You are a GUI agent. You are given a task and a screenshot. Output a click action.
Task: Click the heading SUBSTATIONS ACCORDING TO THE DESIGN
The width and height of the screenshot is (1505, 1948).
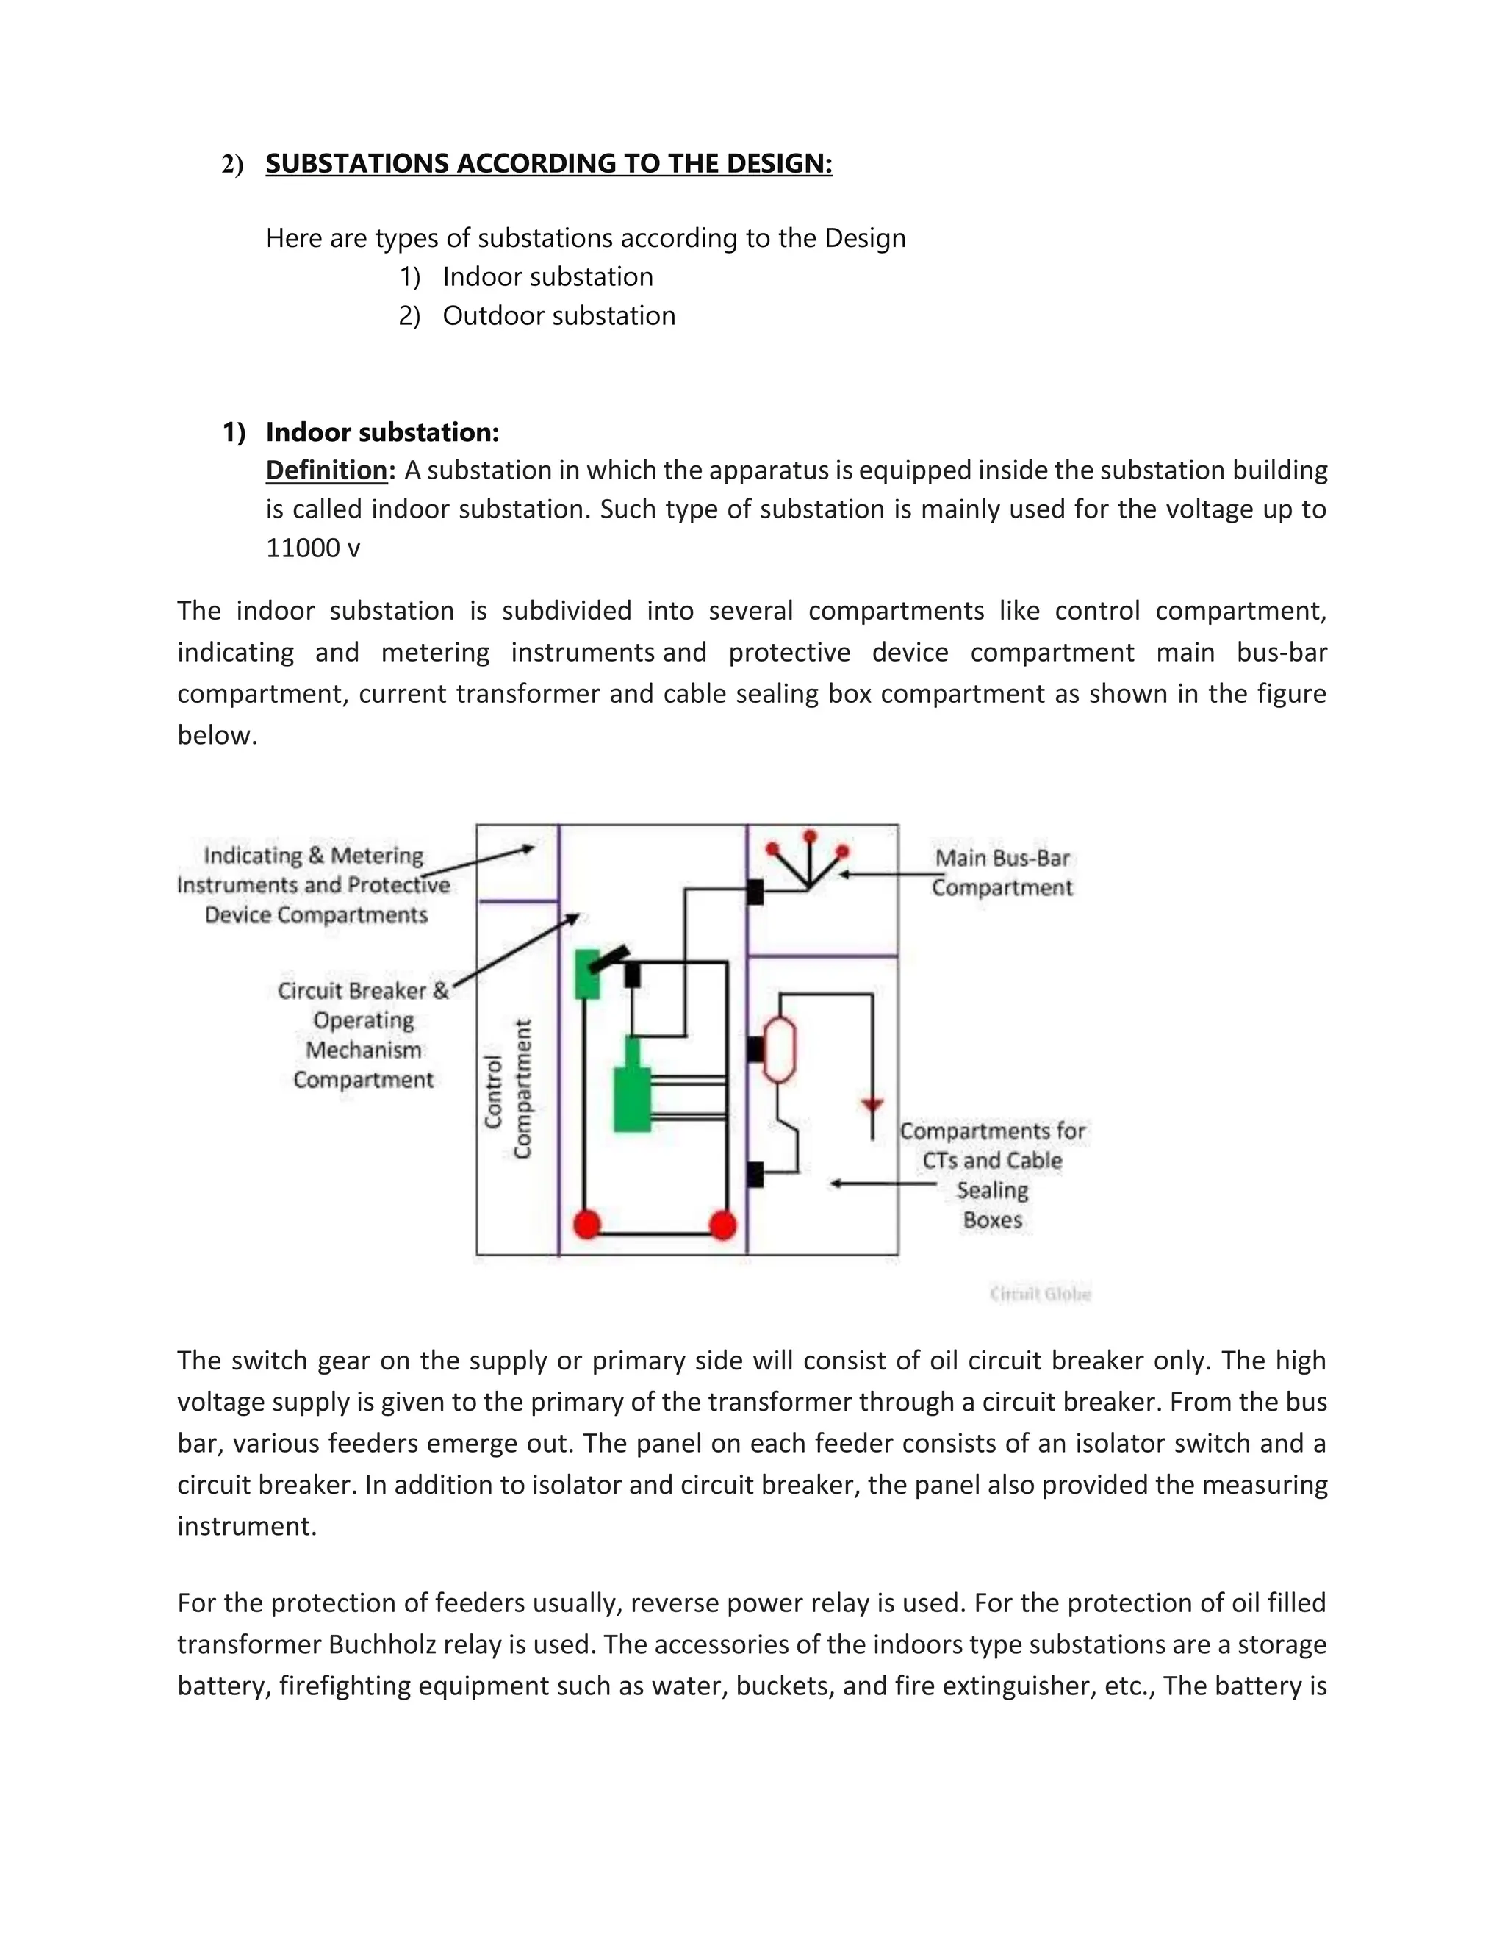tap(548, 164)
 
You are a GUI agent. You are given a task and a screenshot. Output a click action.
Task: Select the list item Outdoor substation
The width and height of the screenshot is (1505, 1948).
tap(558, 316)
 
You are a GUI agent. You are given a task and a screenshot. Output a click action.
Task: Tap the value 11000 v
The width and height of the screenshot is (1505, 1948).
tap(313, 548)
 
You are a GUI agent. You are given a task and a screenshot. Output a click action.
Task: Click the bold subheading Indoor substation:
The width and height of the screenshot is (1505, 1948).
tap(381, 432)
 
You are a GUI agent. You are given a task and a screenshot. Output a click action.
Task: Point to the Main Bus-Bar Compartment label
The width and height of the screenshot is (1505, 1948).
tap(1002, 873)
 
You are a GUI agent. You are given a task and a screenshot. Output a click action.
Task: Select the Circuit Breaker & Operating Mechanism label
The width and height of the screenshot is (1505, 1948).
tap(363, 1035)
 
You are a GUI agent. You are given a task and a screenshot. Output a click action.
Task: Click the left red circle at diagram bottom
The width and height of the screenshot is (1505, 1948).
tap(586, 1225)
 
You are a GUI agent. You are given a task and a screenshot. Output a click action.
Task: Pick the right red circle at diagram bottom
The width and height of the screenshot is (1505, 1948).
tap(722, 1225)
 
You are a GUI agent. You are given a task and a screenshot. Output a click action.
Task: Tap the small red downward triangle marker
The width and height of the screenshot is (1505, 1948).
tap(872, 1106)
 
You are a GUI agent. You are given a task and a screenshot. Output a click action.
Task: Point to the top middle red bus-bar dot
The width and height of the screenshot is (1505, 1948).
tap(810, 837)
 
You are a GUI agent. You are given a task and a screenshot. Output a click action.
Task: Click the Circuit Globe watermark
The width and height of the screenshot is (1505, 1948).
tap(1040, 1293)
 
